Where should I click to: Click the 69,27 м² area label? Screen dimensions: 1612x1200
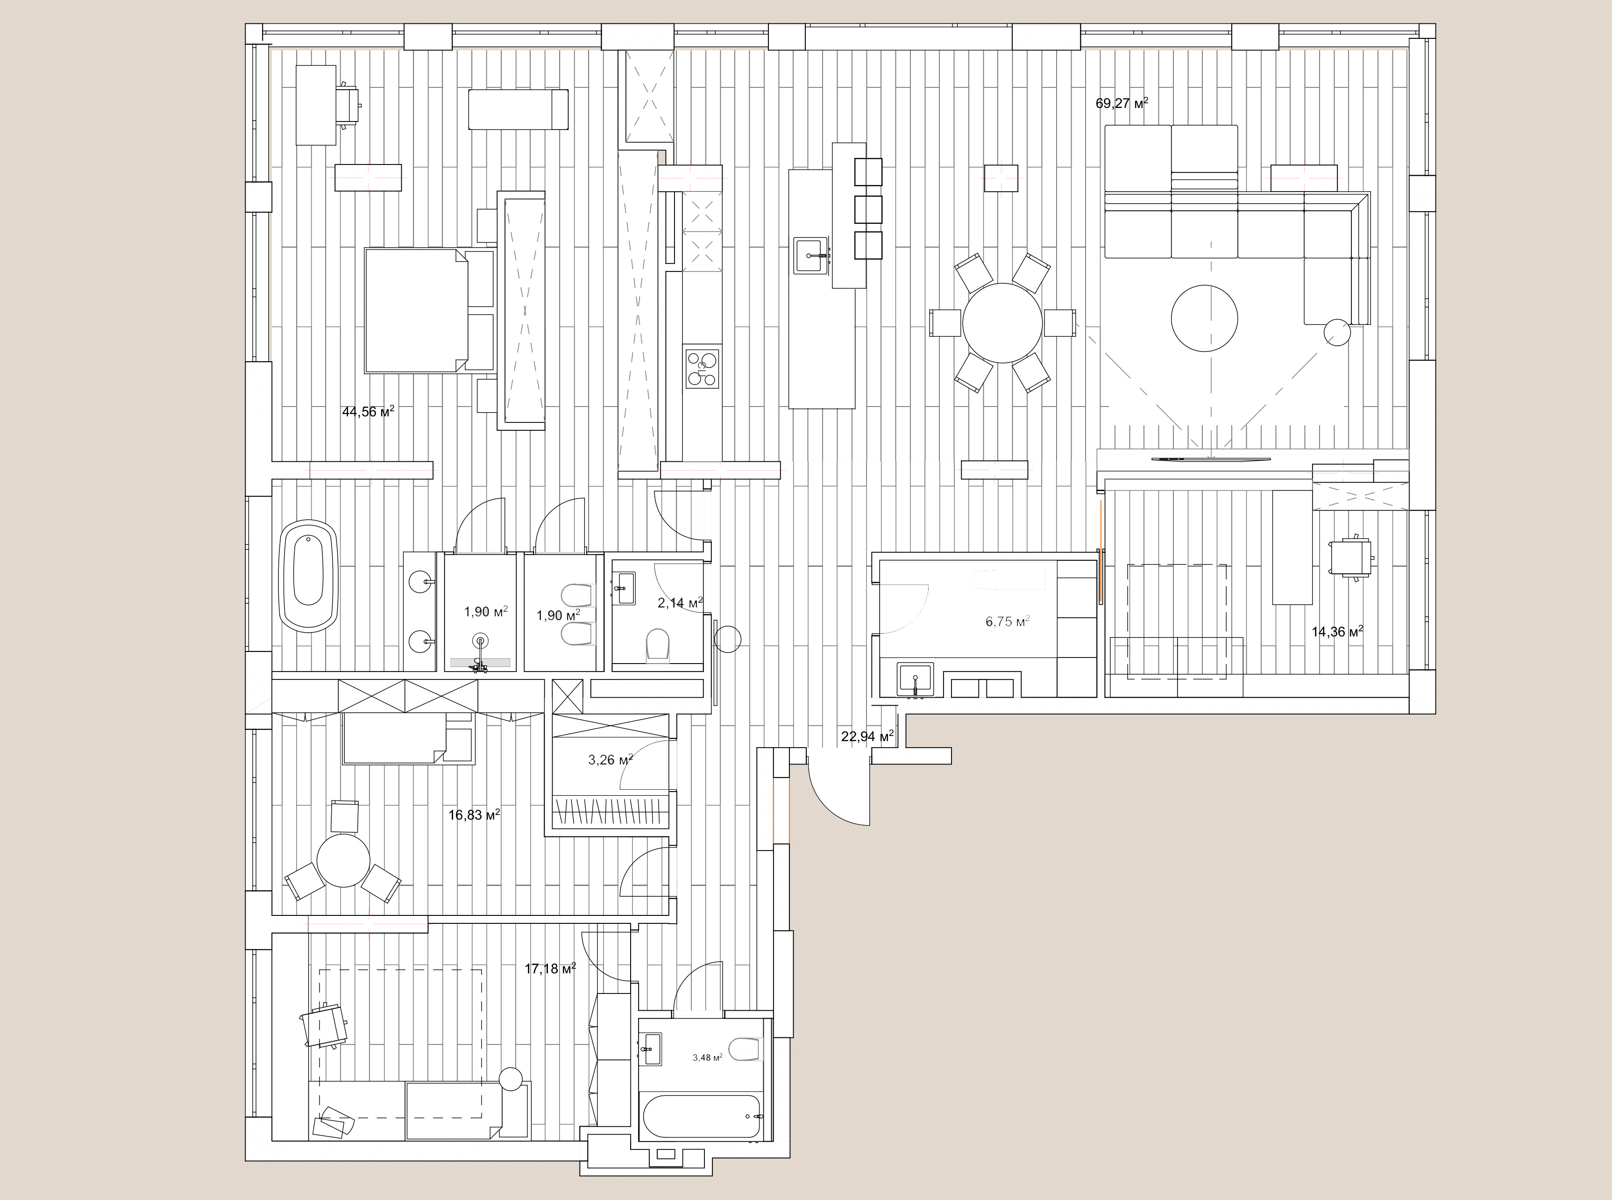click(x=1122, y=103)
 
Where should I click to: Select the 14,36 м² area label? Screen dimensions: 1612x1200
click(x=1337, y=631)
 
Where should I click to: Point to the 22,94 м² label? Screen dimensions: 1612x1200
click(x=867, y=736)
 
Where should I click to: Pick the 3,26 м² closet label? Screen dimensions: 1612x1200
click(x=610, y=761)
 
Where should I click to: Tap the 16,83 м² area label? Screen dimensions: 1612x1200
click(x=474, y=815)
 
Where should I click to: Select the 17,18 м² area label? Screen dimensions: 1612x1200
click(x=550, y=968)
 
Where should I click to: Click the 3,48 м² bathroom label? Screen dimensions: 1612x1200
click(x=707, y=1057)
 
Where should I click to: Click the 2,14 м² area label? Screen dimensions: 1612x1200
click(x=680, y=602)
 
